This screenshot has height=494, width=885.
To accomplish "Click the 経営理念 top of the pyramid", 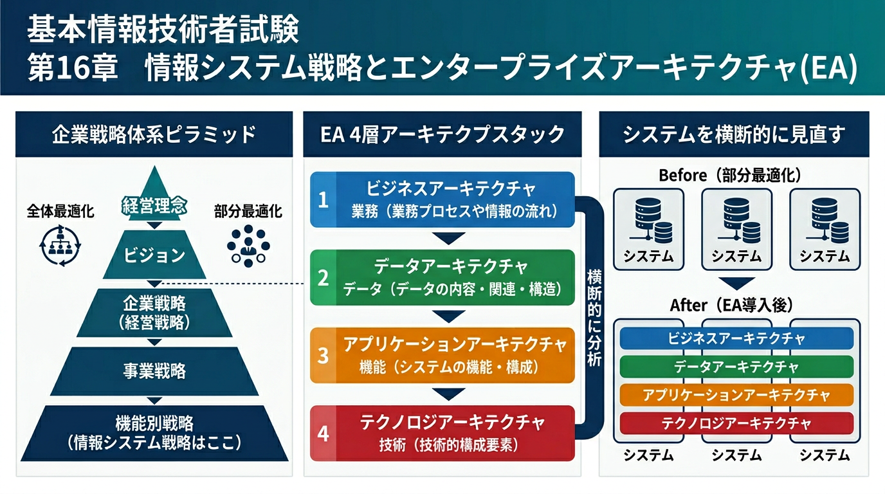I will (x=154, y=206).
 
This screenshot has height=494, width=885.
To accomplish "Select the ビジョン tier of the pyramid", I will (x=154, y=255).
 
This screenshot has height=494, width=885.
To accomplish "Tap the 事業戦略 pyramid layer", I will (x=154, y=371).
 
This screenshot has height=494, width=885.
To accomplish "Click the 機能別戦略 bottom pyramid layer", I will (x=154, y=432).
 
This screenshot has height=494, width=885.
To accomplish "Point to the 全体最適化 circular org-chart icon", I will (x=59, y=245).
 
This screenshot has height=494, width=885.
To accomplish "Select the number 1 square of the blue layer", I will (x=324, y=199).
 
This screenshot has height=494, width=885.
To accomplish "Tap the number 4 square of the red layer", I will (x=324, y=433).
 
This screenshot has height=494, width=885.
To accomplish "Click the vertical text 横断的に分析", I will (x=594, y=318).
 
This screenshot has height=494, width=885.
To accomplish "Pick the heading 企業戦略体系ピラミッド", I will (x=154, y=134).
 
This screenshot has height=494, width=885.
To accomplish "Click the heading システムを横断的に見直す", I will (x=734, y=134).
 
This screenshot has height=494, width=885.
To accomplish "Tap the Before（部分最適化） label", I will (x=734, y=175).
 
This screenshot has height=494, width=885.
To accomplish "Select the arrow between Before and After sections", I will (x=736, y=283).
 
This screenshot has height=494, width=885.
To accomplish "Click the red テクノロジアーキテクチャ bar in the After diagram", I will (x=736, y=423).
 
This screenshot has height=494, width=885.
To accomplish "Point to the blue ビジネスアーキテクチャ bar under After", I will (x=736, y=338).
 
